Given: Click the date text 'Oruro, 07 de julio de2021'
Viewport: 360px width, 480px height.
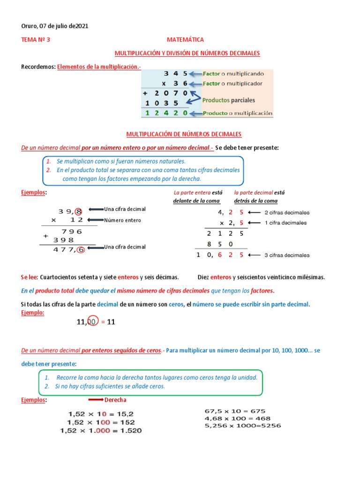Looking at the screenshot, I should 55,26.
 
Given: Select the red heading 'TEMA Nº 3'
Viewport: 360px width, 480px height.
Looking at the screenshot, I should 36,40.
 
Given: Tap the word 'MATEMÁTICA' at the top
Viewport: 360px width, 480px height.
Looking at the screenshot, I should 185,40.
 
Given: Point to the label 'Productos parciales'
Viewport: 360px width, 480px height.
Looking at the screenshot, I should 228,100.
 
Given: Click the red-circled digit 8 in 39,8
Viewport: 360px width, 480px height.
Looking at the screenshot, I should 79,211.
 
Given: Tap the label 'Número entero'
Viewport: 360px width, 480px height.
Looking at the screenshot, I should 122,220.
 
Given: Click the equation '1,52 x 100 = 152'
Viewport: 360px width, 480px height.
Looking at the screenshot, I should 101,422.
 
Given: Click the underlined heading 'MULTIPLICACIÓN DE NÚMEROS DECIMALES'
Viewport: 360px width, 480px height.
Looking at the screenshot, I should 184,135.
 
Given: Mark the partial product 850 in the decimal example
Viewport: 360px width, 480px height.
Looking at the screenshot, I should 219,244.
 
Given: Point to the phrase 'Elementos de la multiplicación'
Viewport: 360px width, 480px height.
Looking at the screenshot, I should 98,67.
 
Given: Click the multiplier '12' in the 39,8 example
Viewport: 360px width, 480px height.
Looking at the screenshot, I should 77,220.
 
